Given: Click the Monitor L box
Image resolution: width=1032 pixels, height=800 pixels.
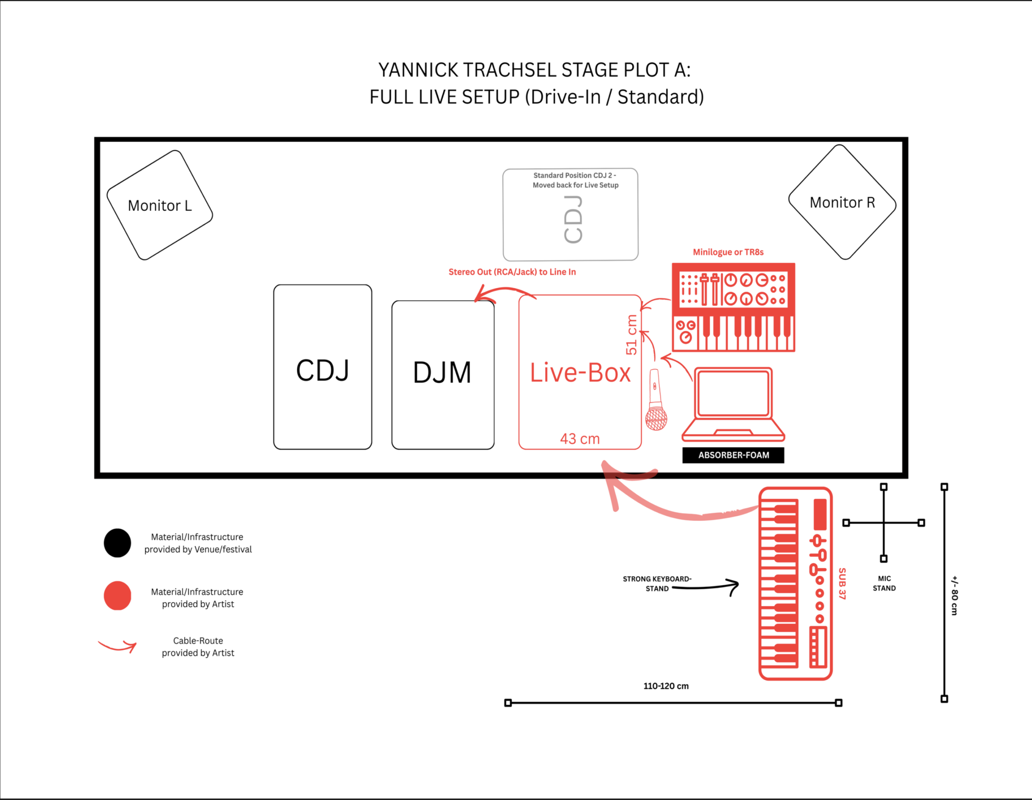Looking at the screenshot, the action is (160, 205).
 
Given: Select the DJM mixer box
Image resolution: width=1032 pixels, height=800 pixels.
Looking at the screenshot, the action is (443, 375).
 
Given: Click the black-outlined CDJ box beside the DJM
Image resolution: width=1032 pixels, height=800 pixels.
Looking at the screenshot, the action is (323, 367).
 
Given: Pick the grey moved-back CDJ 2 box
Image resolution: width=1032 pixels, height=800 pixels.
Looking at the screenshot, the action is (570, 214).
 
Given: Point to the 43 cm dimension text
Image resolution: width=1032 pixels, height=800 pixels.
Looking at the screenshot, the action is (580, 439).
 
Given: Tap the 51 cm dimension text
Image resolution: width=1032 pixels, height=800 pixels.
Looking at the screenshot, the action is (631, 335).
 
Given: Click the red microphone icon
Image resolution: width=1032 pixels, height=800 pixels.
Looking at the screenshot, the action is (656, 400).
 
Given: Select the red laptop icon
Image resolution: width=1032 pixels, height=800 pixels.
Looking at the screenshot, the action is (733, 404).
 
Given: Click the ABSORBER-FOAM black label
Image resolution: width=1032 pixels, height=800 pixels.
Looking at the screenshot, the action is (733, 455).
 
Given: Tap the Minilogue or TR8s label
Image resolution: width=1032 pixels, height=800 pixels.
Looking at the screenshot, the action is (728, 252).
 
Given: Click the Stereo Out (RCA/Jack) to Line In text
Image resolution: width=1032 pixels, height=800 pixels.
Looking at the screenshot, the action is (512, 272).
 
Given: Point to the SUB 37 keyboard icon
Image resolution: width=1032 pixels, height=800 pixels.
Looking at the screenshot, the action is (795, 583).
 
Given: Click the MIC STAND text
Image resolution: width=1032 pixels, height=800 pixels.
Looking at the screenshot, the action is (884, 583).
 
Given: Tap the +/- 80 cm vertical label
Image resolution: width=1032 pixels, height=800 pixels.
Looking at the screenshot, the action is (955, 596).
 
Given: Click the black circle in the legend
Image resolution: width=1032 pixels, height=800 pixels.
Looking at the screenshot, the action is (117, 543).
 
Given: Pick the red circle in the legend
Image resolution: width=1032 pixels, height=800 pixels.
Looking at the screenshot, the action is (117, 596).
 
